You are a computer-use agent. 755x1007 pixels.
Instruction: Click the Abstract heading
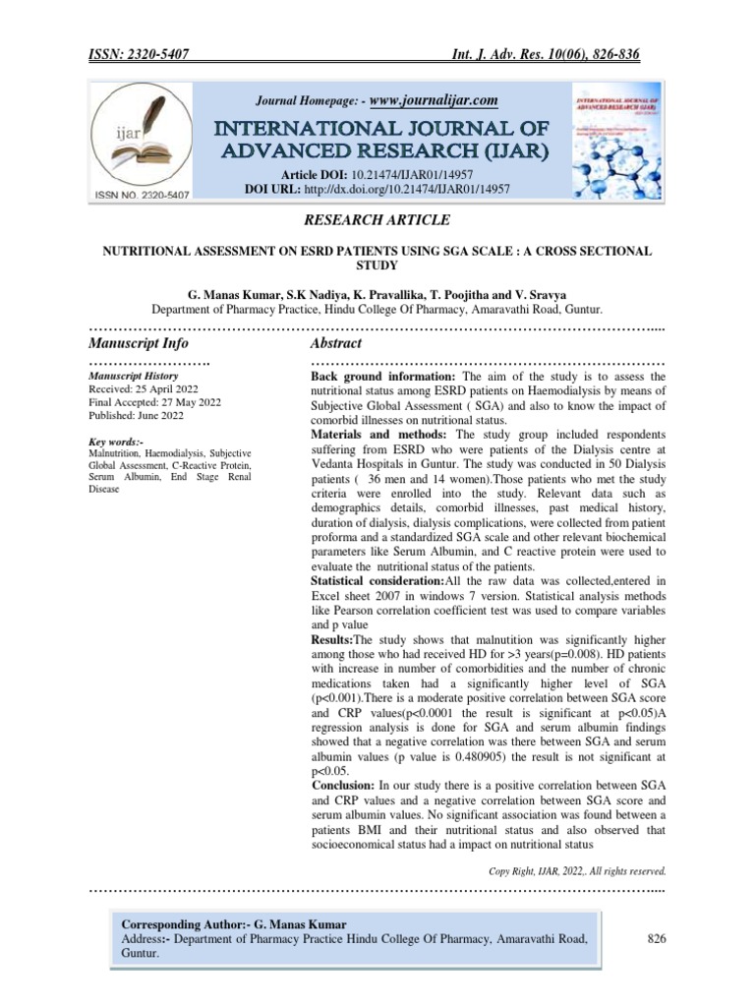[336, 343]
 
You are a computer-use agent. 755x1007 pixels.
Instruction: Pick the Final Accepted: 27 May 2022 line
[155, 401]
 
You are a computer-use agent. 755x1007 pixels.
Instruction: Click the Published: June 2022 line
[137, 414]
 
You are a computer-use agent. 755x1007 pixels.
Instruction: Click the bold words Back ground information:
[382, 377]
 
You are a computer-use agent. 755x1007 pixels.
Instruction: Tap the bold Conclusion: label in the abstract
[342, 786]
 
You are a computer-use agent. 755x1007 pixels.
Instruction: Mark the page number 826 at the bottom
[657, 940]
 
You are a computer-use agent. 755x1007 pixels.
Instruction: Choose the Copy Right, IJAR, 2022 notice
[577, 870]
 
